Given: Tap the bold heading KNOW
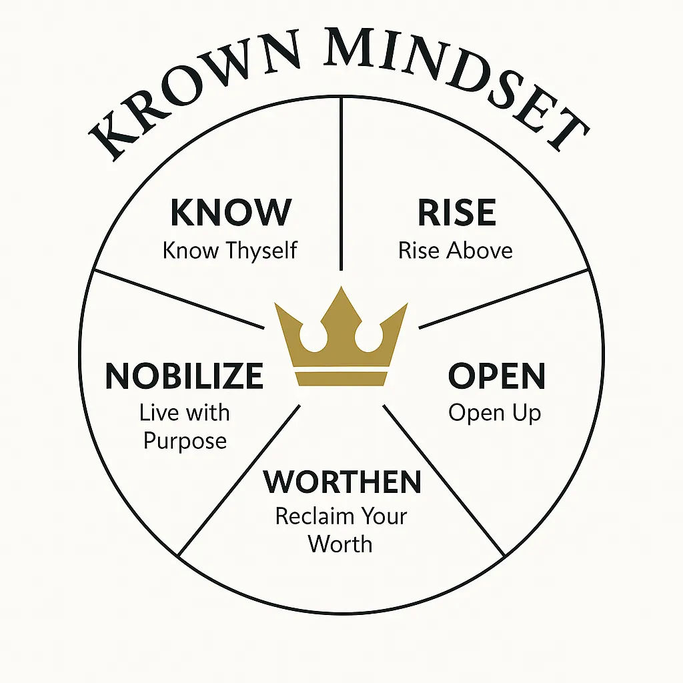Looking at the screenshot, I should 231,213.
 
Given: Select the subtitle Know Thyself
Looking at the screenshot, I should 230,251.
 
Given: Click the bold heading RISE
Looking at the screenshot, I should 457,213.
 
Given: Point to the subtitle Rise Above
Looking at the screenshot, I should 456,251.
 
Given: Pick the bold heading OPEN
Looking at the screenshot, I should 496,377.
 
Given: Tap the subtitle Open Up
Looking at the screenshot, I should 494,413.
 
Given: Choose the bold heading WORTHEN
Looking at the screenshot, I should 343,482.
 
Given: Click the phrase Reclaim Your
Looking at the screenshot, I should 341,516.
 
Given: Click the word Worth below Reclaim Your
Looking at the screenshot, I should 340,544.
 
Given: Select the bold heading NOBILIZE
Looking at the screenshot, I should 185,377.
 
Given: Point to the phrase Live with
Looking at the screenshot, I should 184,413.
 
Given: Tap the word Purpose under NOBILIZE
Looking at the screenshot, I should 185,441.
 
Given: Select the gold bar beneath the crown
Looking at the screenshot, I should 341,378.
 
